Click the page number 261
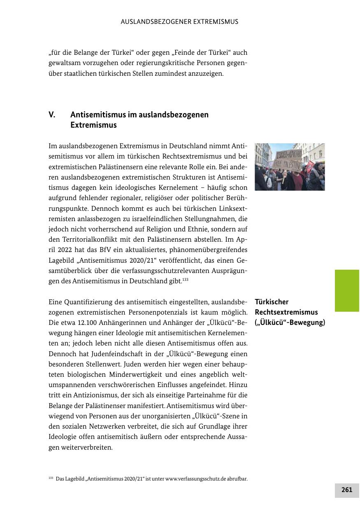pos(347,490)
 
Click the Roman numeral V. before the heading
pos(52,115)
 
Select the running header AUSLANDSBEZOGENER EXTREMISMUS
pos(180,21)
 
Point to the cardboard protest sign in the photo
pos(288,159)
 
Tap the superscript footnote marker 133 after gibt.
pos(185,280)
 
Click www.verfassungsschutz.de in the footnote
pos(196,479)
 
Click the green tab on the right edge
pos(347,290)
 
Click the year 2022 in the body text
pos(65,250)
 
